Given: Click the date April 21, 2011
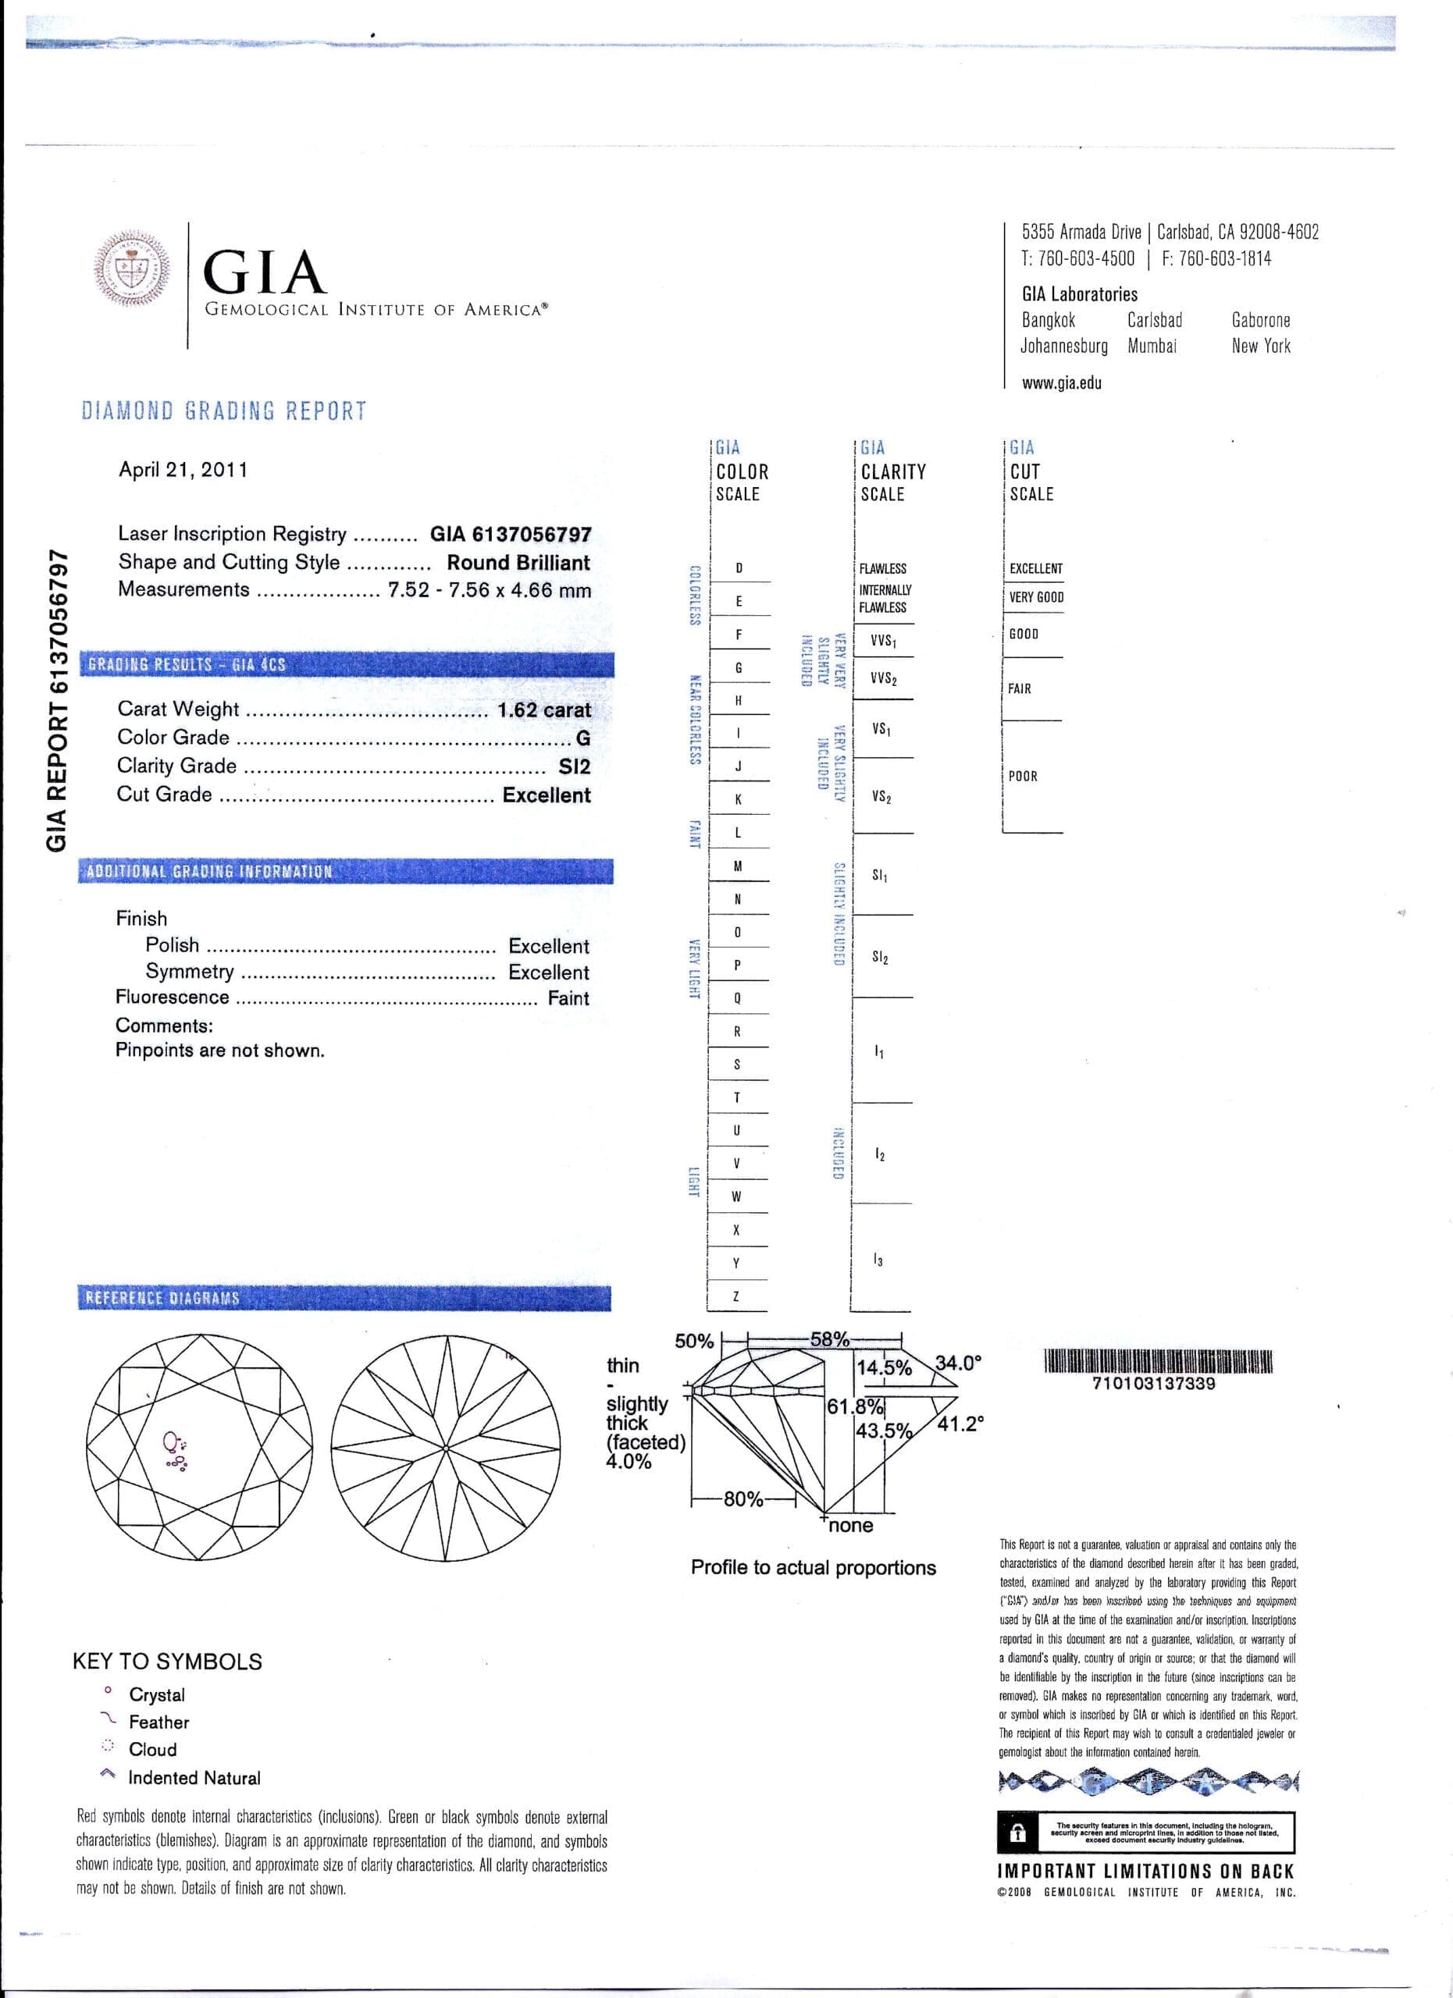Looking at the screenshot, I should (x=183, y=470).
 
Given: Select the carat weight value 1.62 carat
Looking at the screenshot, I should (x=543, y=709).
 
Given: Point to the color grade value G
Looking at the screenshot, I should (x=582, y=738).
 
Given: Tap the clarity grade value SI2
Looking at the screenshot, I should (x=574, y=766).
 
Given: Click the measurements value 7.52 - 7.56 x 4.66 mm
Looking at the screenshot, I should (x=489, y=590).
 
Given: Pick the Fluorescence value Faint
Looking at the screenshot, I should (x=568, y=998).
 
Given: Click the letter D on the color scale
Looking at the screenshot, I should (x=739, y=568).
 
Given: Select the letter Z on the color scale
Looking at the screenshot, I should (x=736, y=1297).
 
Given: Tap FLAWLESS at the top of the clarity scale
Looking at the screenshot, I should (x=882, y=569).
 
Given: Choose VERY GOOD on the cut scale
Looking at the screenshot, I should (x=1036, y=597).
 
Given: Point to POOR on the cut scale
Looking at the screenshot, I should (x=1023, y=776).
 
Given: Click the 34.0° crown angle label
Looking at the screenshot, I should (x=958, y=1363).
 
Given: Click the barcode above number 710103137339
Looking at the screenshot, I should (x=1159, y=1362).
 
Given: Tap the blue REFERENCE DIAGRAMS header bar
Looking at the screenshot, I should (x=344, y=1298).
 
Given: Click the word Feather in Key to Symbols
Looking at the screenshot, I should (x=158, y=1722).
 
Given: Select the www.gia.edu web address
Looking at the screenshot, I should (x=1061, y=383).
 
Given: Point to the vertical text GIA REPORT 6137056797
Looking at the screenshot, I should (x=56, y=700).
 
